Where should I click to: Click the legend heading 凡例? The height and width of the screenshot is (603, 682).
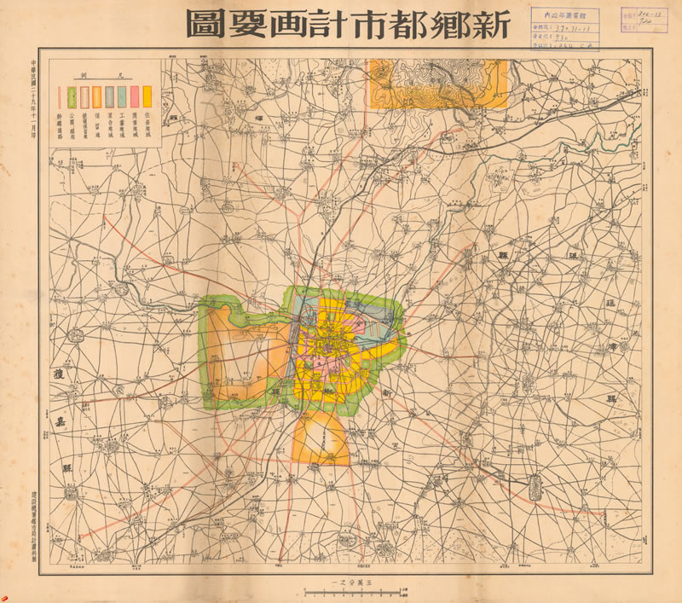103,75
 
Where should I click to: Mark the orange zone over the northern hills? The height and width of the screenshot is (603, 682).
436,83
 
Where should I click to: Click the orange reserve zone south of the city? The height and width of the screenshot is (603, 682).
322,439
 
